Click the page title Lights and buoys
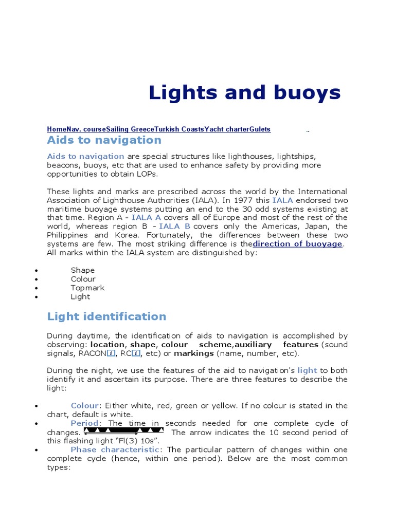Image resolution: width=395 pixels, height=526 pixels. [x=244, y=93]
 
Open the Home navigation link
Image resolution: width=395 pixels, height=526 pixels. [x=56, y=129]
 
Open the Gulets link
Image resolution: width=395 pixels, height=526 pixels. [x=260, y=129]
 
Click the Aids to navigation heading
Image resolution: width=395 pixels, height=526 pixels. [x=104, y=140]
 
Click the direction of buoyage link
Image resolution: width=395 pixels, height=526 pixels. [x=297, y=244]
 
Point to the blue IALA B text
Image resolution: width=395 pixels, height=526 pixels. [x=174, y=227]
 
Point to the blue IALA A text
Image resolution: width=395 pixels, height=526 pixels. [x=147, y=218]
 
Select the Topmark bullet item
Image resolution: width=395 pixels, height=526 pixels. [x=87, y=288]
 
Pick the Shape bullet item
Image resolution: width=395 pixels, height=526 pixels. [x=82, y=270]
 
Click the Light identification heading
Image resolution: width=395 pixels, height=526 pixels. [x=106, y=316]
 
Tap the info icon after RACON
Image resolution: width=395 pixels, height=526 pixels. [x=110, y=353]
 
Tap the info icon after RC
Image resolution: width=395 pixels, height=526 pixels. [x=136, y=353]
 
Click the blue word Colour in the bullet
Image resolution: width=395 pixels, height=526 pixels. [x=84, y=406]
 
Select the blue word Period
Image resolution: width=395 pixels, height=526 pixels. [x=84, y=423]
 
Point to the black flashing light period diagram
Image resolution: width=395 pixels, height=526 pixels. [x=123, y=430]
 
